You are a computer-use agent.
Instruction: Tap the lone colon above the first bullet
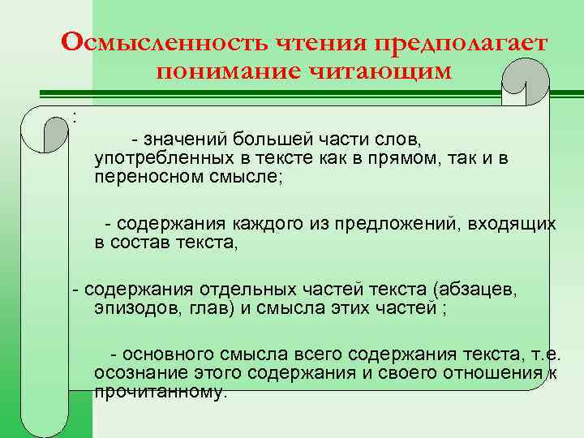(x=75, y=117)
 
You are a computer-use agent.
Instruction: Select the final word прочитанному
(x=161, y=392)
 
